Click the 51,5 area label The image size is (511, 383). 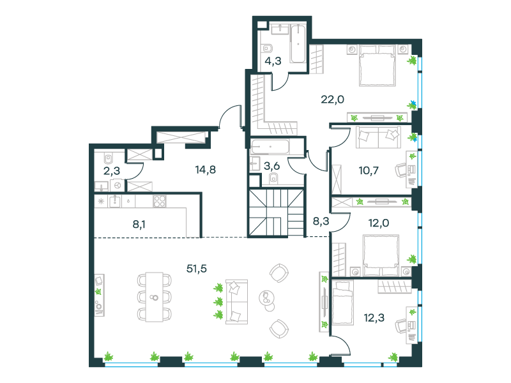(x=197, y=269)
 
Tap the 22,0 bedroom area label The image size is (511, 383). (x=332, y=100)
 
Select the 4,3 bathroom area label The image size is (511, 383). (x=273, y=61)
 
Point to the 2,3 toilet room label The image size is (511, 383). (x=112, y=170)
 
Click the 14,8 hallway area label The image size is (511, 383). (x=205, y=170)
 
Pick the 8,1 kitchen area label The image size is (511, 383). (x=139, y=225)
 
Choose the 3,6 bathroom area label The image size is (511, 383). (x=271, y=166)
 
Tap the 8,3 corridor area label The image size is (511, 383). (x=321, y=222)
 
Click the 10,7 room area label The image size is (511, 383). (x=369, y=170)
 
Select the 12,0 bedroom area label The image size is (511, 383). (x=379, y=223)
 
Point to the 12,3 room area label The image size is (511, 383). (x=374, y=317)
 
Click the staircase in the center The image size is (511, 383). (x=276, y=213)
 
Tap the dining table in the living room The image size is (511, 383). (x=154, y=297)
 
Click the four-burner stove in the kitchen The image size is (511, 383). (x=159, y=201)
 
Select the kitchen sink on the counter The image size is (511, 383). (x=115, y=201)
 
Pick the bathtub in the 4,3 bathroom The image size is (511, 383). (x=298, y=44)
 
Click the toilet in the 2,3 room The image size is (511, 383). (x=108, y=158)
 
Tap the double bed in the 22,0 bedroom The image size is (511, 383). (x=378, y=66)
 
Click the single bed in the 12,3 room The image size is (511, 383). (x=342, y=303)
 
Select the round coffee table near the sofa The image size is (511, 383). (x=266, y=297)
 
